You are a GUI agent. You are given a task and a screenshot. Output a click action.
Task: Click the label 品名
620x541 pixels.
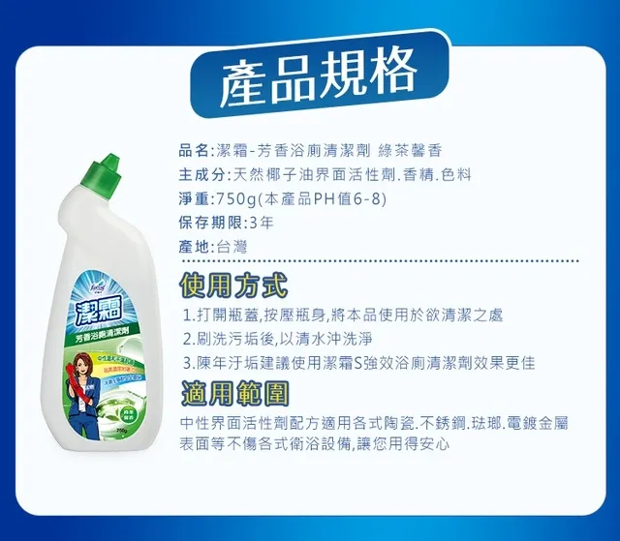click(194, 150)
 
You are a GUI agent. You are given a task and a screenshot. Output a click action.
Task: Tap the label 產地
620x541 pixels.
click(194, 247)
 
